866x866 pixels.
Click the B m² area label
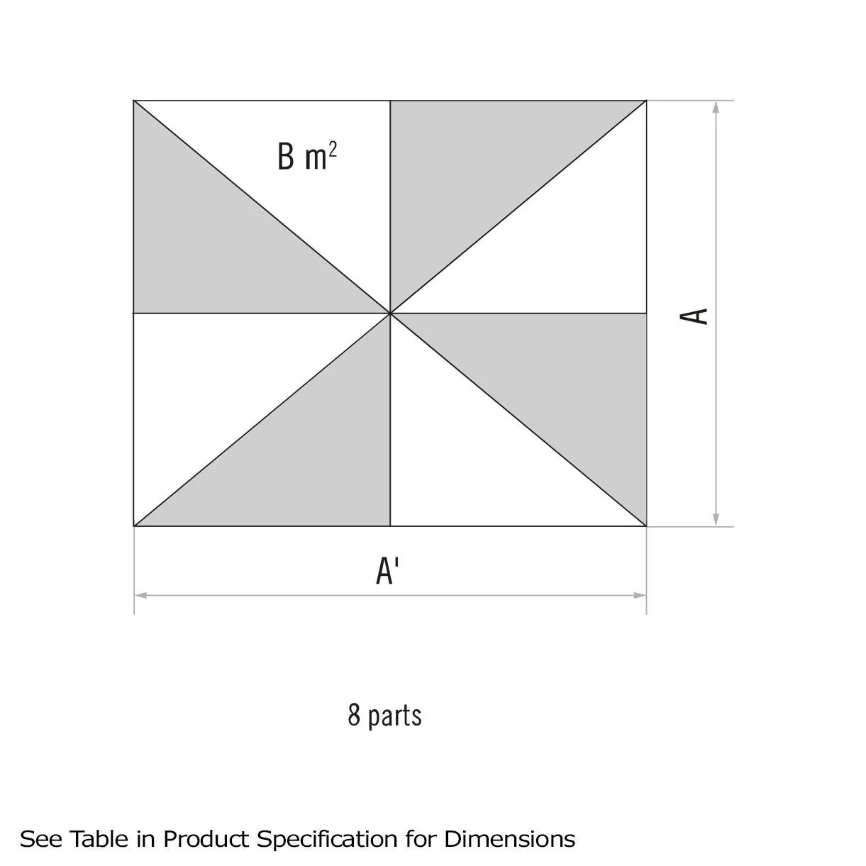(x=307, y=157)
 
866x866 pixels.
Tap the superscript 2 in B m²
(x=333, y=149)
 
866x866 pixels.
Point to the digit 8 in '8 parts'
(x=354, y=714)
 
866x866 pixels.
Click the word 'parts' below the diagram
(x=395, y=716)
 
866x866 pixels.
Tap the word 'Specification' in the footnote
(x=327, y=839)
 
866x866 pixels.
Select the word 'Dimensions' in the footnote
(x=510, y=839)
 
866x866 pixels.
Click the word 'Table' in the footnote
(x=99, y=839)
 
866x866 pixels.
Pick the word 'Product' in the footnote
(x=206, y=839)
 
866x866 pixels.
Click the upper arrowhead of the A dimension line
(x=716, y=107)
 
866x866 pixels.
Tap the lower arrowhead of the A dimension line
(x=716, y=520)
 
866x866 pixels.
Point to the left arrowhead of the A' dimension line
(x=141, y=596)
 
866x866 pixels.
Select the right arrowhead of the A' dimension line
(x=640, y=596)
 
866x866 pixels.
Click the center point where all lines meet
(x=390, y=313)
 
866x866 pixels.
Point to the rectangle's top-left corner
(x=134, y=101)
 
